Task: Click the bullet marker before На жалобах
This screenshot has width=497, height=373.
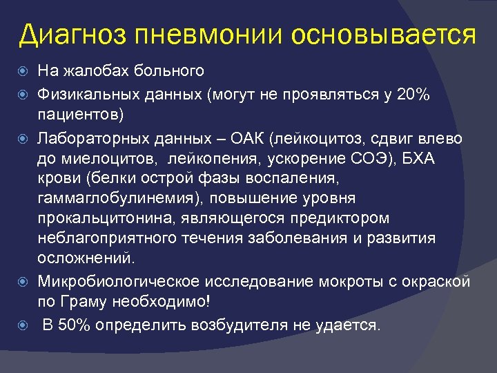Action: click(x=26, y=70)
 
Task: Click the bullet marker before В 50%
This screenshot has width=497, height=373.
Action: click(x=26, y=325)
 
